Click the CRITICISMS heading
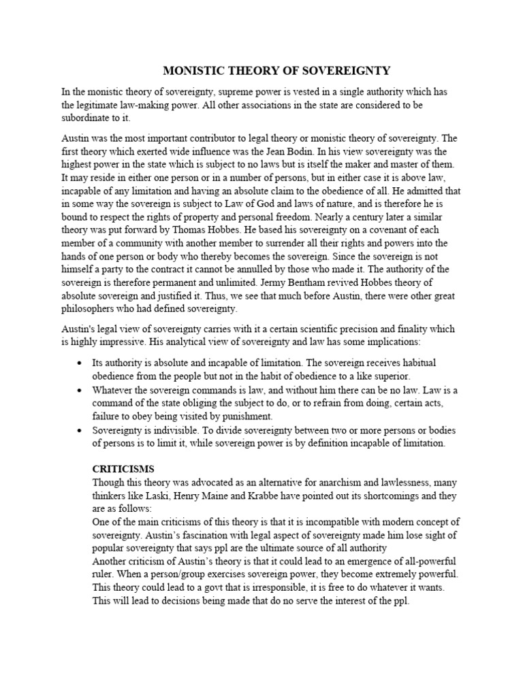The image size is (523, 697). coord(123,469)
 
